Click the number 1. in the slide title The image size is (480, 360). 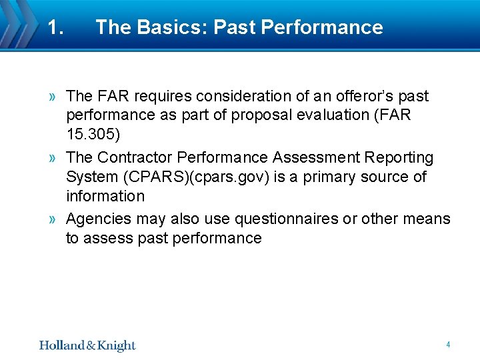pyautogui.click(x=55, y=27)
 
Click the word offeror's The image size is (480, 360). pyautogui.click(x=357, y=96)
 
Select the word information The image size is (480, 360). pyautogui.click(x=105, y=196)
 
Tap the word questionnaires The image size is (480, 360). pyautogui.click(x=281, y=219)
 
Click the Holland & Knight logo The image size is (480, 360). pyautogui.click(x=87, y=345)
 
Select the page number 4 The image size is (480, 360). pyautogui.click(x=448, y=345)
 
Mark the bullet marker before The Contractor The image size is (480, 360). pyautogui.click(x=52, y=159)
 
